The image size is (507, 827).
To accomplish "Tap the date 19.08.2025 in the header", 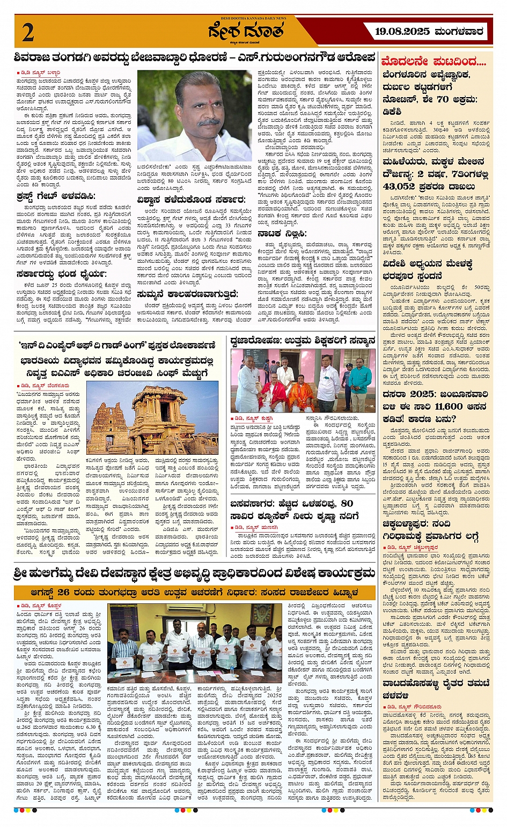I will coord(402,32).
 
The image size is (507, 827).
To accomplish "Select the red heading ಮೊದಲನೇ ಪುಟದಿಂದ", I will coord(433,61).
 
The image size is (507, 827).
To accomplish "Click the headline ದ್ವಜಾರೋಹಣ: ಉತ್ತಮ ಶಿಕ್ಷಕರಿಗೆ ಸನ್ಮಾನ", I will coord(303,340).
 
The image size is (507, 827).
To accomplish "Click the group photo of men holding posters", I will coord(195,643).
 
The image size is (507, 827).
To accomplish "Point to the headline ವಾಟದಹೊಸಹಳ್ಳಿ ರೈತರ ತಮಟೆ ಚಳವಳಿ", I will coord(436,689).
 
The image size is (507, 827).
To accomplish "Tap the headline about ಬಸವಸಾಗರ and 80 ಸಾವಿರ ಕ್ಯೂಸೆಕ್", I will coord(292,509).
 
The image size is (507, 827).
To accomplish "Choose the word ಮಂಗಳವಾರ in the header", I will coord(459,32).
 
